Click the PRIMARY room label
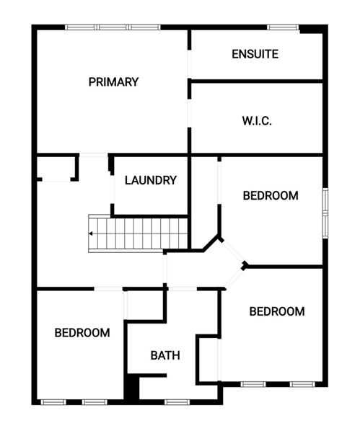(113, 82)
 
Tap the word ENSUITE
(255, 54)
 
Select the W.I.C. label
(257, 121)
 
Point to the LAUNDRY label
(151, 180)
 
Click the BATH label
(165, 355)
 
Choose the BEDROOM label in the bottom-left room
(82, 333)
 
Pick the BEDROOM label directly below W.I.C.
(271, 195)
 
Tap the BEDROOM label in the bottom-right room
(277, 311)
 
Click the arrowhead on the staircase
(91, 233)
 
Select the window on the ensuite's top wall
(283, 27)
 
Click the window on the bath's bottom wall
(177, 402)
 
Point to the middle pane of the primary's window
(113, 27)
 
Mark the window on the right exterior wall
(325, 213)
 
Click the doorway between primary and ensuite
(189, 64)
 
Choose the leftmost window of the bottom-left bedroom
(53, 402)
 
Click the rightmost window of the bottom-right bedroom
(302, 384)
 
